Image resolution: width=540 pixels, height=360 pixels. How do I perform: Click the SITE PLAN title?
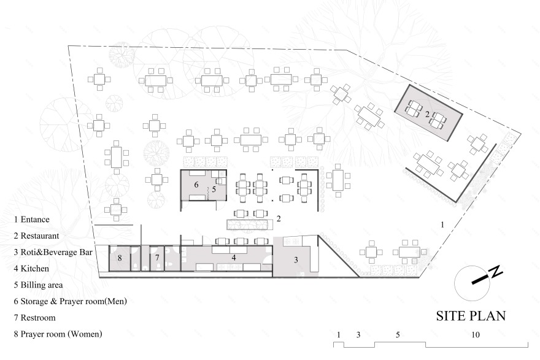(x=471, y=316)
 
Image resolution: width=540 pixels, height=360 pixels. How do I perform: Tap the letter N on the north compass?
(x=495, y=272)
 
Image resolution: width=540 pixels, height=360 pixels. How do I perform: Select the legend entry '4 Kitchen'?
(x=31, y=269)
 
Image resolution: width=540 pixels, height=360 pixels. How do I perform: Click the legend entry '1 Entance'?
(x=32, y=219)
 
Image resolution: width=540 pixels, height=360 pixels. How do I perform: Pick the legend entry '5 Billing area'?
(x=38, y=285)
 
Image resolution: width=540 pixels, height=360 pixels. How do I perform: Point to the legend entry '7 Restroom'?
(x=34, y=317)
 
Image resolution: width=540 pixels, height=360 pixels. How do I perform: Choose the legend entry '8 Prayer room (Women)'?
(x=58, y=334)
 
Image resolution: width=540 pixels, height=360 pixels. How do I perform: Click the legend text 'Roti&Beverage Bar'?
(x=56, y=252)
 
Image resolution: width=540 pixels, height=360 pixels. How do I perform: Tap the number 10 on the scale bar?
(x=475, y=334)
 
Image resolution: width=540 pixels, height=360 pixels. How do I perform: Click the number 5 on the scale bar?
(x=398, y=334)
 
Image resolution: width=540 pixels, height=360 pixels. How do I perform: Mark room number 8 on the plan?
(x=120, y=258)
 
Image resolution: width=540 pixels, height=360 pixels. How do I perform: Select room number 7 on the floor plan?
(x=157, y=258)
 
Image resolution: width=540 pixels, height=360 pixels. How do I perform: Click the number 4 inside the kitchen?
(x=234, y=257)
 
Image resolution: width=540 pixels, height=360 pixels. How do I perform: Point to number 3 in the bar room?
(x=296, y=260)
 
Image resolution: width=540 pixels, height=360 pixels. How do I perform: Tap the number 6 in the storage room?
(x=196, y=185)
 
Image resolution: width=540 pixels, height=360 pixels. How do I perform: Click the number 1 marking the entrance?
(x=442, y=224)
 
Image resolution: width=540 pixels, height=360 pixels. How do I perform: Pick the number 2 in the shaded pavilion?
(x=427, y=115)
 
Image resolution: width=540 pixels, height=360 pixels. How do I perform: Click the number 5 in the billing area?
(x=214, y=189)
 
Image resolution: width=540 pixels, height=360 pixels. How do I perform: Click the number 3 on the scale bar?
(x=358, y=334)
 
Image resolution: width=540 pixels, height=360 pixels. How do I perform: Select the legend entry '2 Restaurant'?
(x=36, y=236)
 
